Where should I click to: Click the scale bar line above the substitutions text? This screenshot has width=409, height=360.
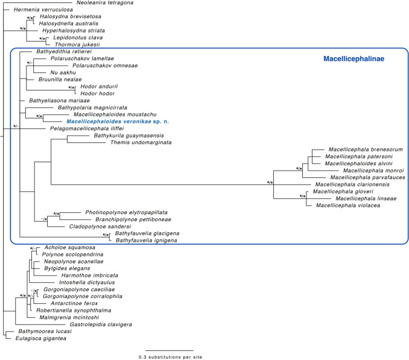(x=169, y=350)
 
